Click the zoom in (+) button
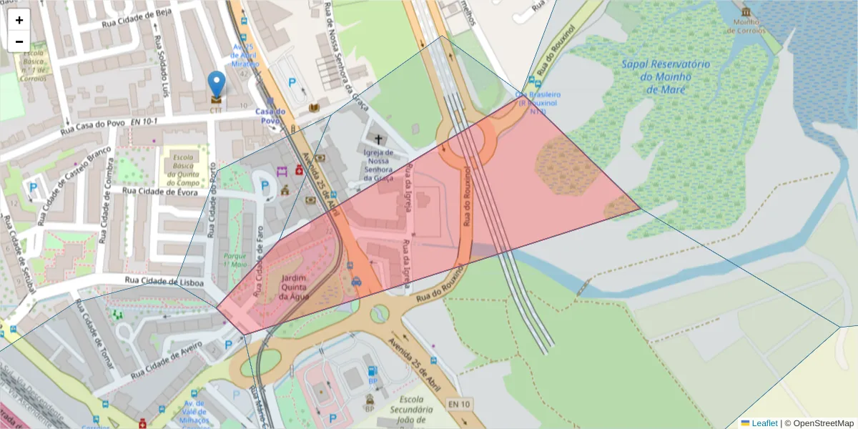(x=19, y=20)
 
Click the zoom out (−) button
(x=19, y=41)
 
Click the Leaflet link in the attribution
(x=764, y=423)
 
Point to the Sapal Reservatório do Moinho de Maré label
(x=665, y=77)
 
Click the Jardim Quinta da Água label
(x=295, y=286)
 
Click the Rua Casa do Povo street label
(x=93, y=128)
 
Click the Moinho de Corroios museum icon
(x=746, y=13)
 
